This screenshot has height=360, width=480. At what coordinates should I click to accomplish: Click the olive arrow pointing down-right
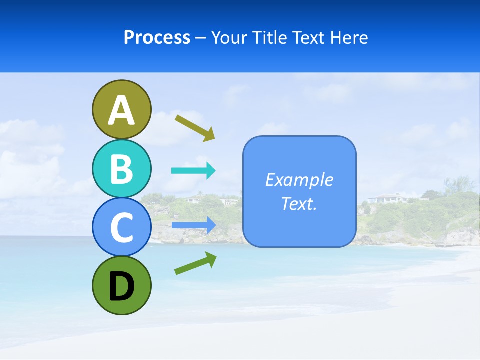pyautogui.click(x=195, y=128)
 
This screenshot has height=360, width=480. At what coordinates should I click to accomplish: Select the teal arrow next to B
pyautogui.click(x=193, y=171)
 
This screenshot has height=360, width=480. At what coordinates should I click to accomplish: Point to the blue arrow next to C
pyautogui.click(x=193, y=225)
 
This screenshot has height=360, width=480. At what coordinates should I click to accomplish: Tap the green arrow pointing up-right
pyautogui.click(x=195, y=263)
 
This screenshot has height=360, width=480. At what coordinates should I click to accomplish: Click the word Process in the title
pyautogui.click(x=157, y=38)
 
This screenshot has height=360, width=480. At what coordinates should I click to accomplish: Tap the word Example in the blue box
pyautogui.click(x=299, y=180)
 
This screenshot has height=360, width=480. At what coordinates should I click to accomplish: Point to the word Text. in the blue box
pyautogui.click(x=299, y=203)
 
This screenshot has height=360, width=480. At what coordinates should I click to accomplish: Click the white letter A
pyautogui.click(x=121, y=110)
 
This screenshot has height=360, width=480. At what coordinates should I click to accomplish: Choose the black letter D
pyautogui.click(x=121, y=286)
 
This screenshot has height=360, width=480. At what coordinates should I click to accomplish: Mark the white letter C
pyautogui.click(x=121, y=228)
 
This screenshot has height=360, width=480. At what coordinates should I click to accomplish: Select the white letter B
pyautogui.click(x=121, y=169)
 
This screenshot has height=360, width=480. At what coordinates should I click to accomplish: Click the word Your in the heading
pyautogui.click(x=229, y=38)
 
